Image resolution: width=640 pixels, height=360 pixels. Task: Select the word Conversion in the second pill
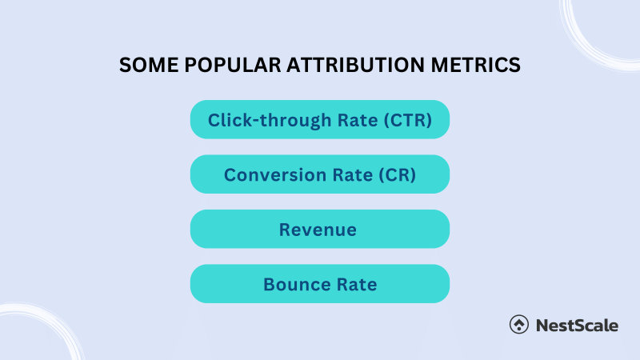tap(271, 174)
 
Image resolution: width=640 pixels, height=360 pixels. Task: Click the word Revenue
tap(318, 230)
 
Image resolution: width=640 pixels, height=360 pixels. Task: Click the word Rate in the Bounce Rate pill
tap(356, 284)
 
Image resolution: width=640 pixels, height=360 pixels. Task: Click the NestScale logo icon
tap(518, 325)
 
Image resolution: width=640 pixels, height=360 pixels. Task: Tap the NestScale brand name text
tap(576, 325)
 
